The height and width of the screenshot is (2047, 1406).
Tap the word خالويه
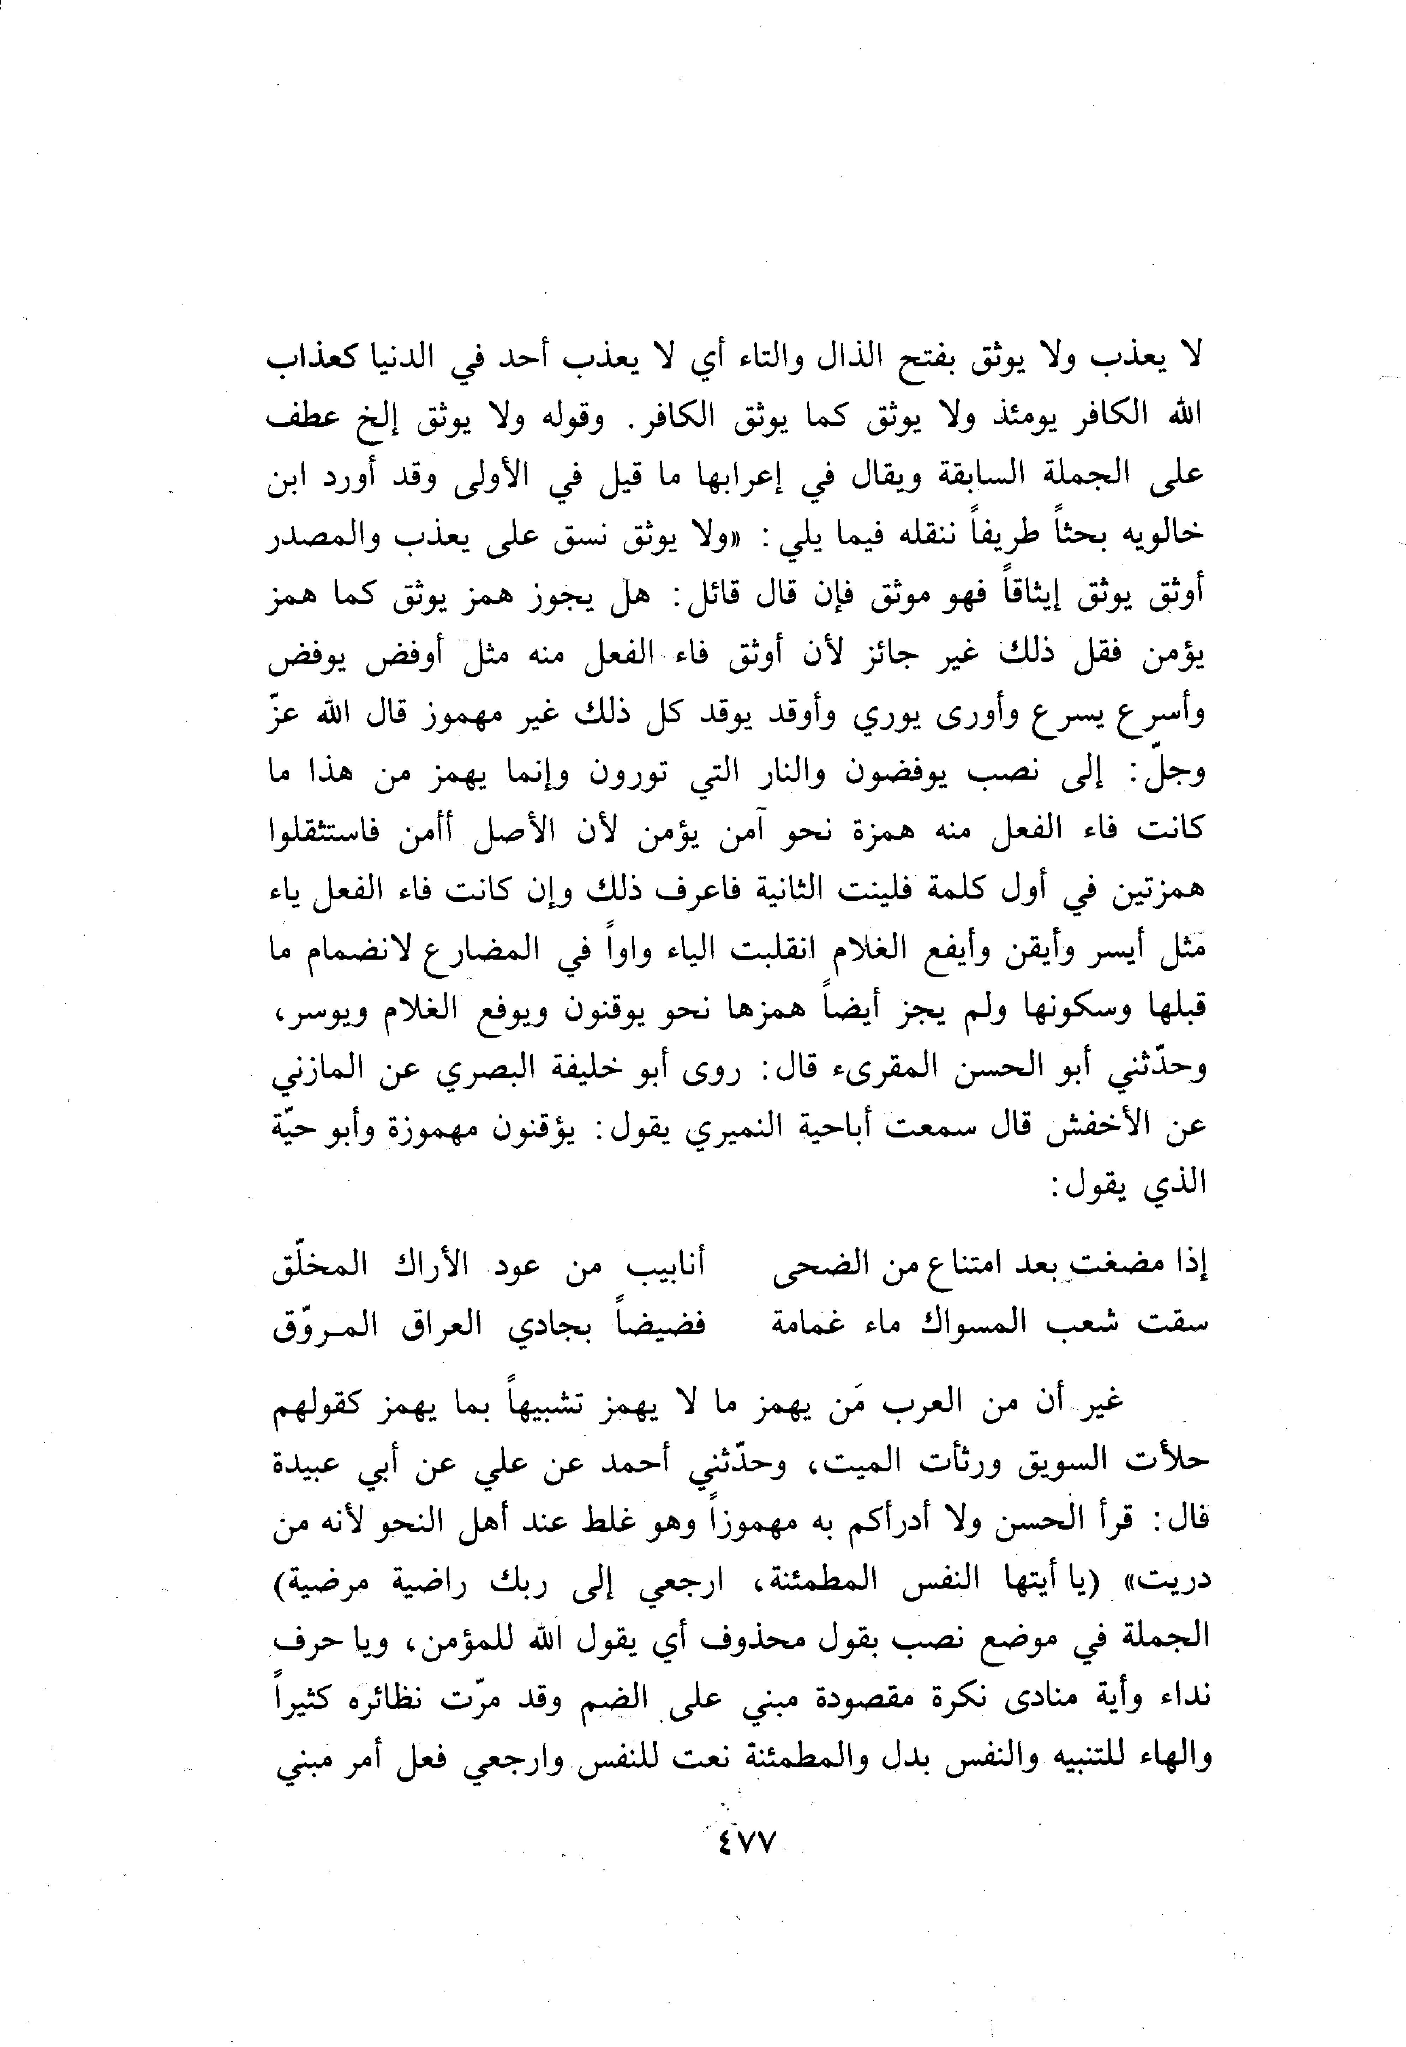click(1166, 533)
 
